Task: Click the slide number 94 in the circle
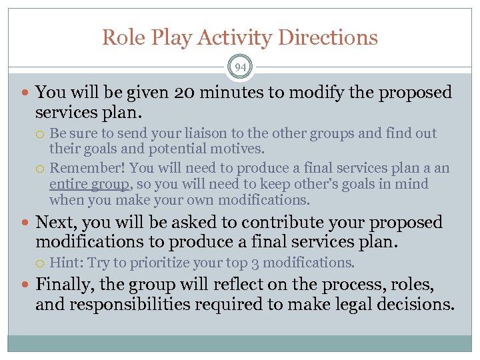240,67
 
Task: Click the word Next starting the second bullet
56,221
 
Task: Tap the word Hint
65,262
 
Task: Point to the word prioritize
157,262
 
